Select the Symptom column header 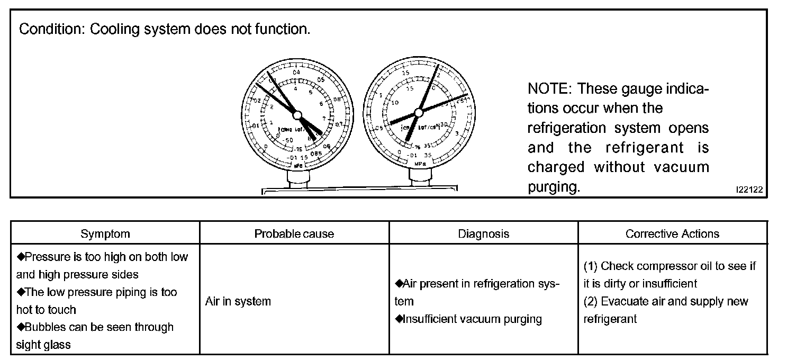(105, 233)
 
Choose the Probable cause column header (294, 233)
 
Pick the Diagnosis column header (483, 233)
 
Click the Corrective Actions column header (672, 233)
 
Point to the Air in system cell (238, 301)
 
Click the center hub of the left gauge (297, 115)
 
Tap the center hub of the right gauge (419, 112)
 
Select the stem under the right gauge (420, 177)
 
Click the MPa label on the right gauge (420, 164)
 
